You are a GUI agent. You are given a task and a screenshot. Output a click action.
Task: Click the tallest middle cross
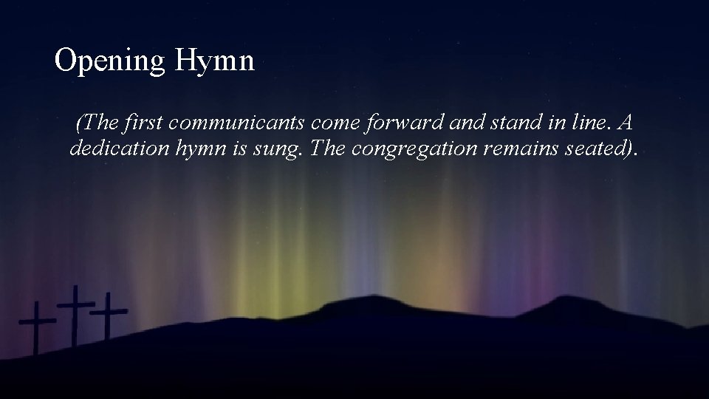coord(75,310)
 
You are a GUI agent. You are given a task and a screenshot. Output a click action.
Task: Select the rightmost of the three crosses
coord(109,314)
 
